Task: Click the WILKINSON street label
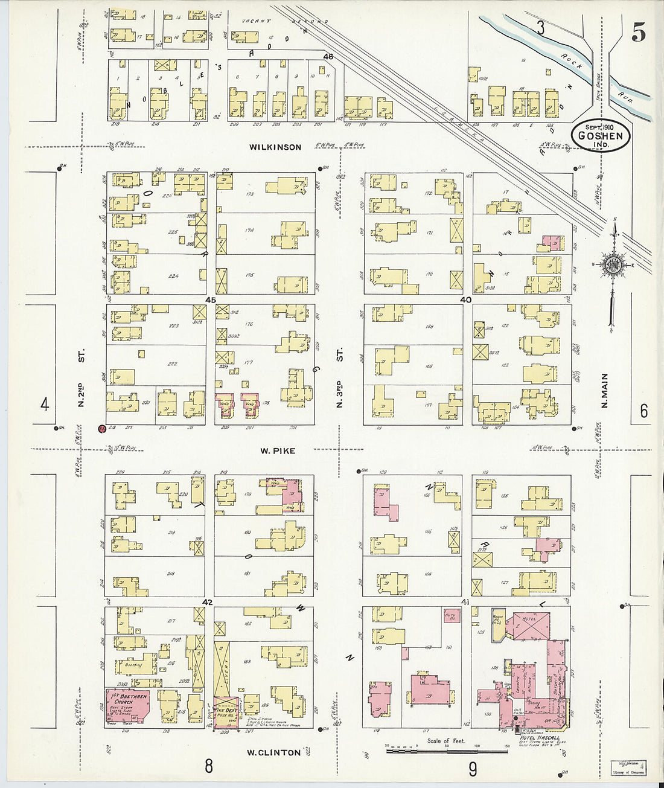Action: point(276,147)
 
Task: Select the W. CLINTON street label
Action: point(273,752)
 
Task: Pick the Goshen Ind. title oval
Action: point(601,135)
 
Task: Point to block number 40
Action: point(465,300)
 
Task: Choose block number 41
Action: point(465,602)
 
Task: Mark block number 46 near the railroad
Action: point(328,56)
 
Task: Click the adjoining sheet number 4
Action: point(44,404)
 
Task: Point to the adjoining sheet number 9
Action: point(472,769)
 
